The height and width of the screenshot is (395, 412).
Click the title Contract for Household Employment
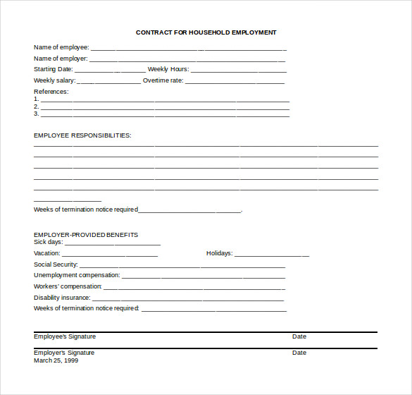coord(206,32)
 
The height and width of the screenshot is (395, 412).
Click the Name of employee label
coord(61,47)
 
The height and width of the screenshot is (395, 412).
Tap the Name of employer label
coord(61,59)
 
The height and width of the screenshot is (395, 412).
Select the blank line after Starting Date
coord(110,71)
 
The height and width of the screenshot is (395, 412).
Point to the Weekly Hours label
coord(168,70)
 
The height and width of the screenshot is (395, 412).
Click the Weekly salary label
coord(54,80)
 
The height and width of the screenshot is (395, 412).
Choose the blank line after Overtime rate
coord(235,82)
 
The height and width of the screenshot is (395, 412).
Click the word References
coord(51,92)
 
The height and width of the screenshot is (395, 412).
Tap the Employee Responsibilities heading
coord(82,135)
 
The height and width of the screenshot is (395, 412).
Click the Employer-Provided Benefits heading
coord(86,235)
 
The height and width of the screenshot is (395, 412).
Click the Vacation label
coord(47,253)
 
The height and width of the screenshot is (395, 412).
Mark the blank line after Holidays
coord(272,255)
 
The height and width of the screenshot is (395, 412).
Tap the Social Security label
coord(56,265)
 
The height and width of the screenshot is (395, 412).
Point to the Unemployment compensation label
coord(77,275)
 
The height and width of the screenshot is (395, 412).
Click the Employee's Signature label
coord(65,336)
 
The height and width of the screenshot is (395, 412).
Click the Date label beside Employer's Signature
coord(299,353)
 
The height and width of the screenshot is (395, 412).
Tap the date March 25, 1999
coord(56,360)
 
